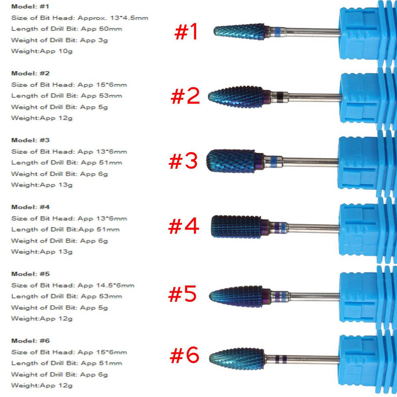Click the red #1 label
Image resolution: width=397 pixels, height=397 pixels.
[186, 32]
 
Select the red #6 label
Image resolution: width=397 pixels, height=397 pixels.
[184, 355]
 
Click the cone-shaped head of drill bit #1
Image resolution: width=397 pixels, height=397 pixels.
[239, 32]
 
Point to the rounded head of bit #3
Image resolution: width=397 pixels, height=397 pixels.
[231, 161]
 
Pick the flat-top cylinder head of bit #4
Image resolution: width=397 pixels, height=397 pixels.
[236, 227]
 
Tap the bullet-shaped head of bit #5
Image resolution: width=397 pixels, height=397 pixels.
[236, 296]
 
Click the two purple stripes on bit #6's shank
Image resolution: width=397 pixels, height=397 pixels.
[281, 359]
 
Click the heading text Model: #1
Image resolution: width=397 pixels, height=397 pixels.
[30, 7]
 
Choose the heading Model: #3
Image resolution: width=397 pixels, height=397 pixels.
[30, 140]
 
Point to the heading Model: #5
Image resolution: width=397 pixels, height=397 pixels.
[30, 274]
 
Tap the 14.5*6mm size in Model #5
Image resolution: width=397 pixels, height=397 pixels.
[115, 285]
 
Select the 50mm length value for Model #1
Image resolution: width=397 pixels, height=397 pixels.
[110, 29]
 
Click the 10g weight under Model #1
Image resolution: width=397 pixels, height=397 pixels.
[65, 52]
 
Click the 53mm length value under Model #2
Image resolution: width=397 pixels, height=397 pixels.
[110, 96]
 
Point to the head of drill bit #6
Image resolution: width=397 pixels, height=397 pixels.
[237, 359]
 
